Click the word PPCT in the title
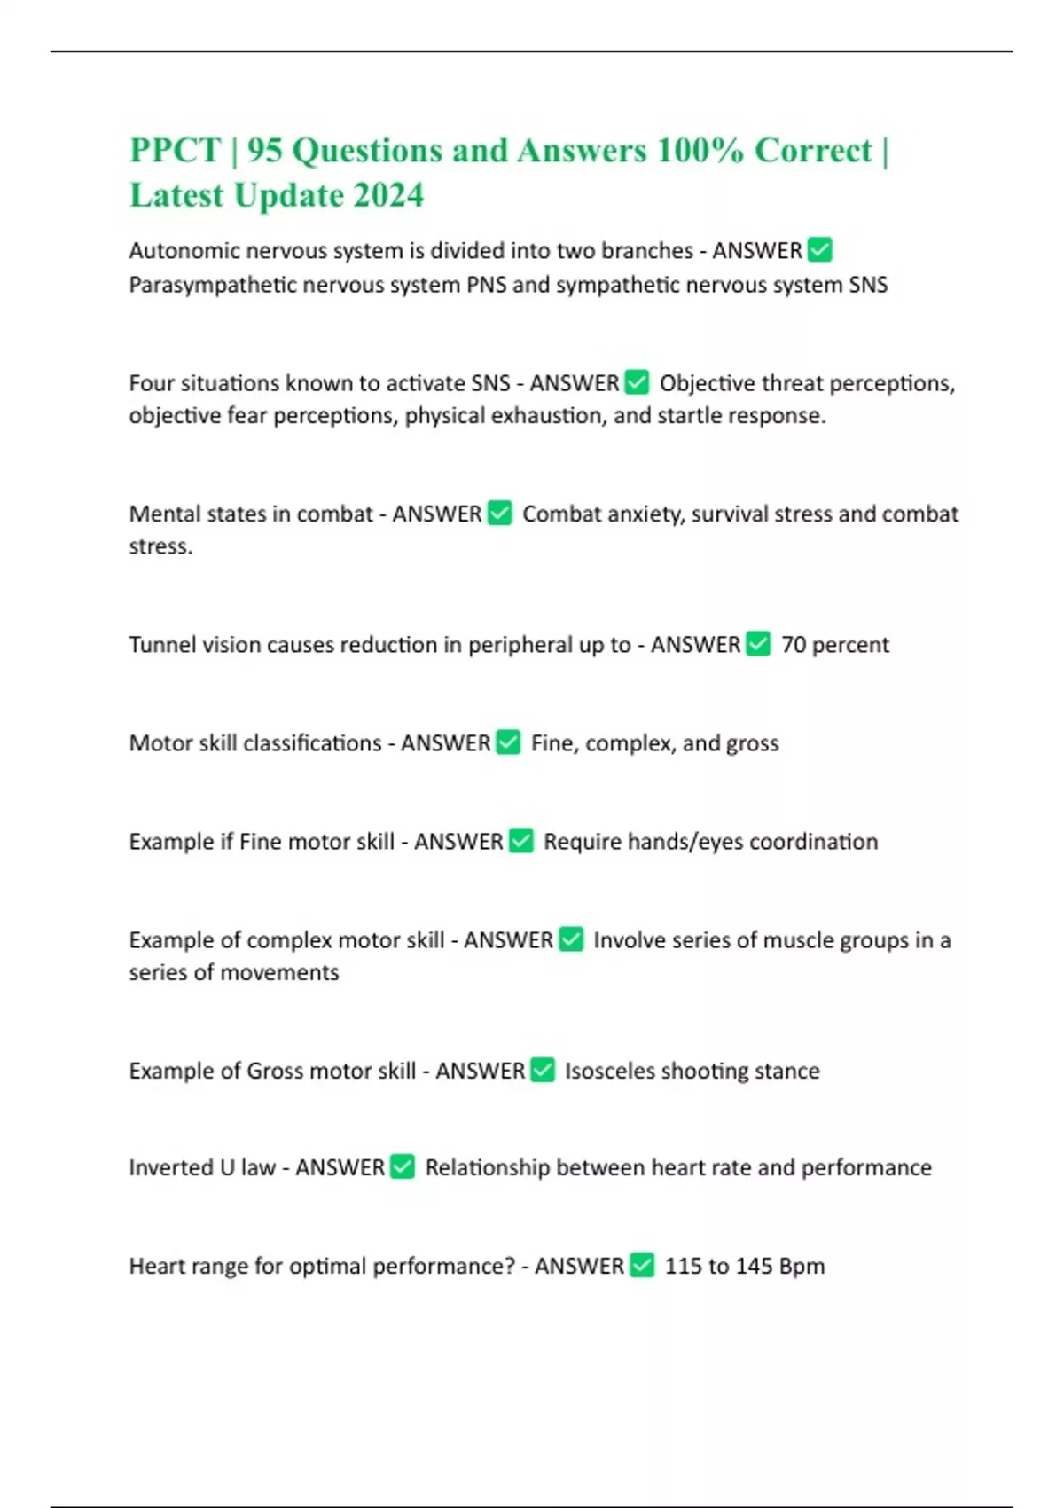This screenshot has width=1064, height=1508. [175, 151]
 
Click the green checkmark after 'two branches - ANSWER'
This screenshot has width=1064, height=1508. [820, 250]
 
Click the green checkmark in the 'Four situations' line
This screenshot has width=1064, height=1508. [637, 382]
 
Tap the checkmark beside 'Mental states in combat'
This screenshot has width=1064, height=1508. [500, 513]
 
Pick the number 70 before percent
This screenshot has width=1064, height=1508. [794, 644]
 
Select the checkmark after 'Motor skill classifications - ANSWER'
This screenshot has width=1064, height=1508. [508, 742]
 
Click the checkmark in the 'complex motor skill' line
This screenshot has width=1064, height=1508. [571, 939]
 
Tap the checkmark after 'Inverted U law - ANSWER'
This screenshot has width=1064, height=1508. [403, 1166]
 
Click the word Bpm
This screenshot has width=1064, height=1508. [802, 1266]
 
